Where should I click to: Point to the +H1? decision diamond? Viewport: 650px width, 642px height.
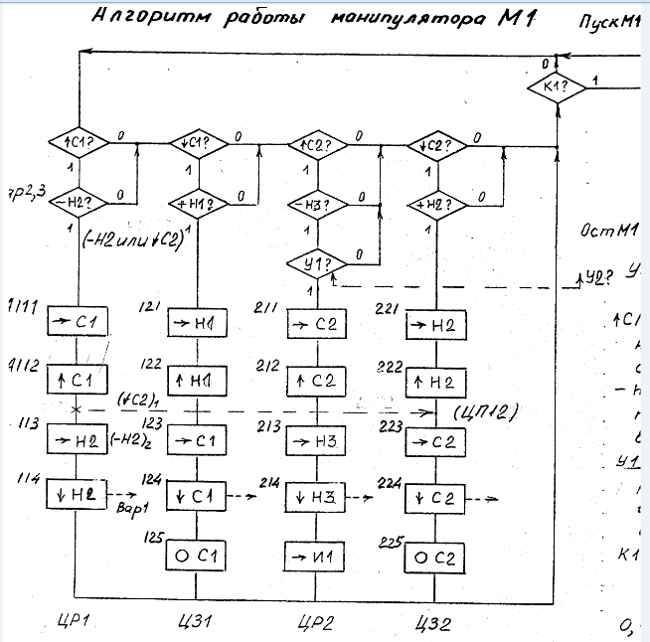click(x=195, y=205)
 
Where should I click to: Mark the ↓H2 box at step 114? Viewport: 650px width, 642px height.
click(x=77, y=493)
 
